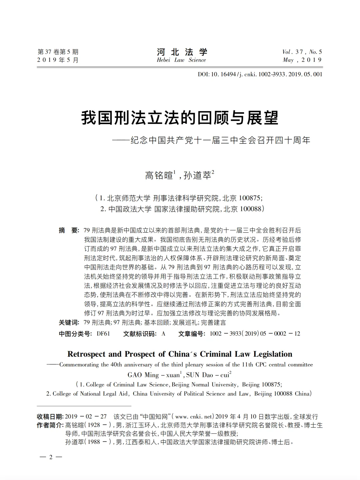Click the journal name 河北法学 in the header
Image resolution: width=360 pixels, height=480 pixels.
tap(182, 52)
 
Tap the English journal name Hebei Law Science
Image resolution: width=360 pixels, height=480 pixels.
tap(181, 60)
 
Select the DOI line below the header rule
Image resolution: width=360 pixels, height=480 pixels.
tap(260, 74)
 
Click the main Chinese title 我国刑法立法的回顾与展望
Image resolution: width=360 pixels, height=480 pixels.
tap(180, 118)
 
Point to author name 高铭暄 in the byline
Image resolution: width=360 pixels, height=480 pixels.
tap(159, 175)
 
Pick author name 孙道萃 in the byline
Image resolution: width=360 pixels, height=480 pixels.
tap(197, 175)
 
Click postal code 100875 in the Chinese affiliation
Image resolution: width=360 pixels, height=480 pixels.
tap(250, 198)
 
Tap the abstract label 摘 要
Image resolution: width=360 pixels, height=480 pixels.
tap(69, 230)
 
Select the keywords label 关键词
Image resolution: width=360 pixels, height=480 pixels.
tap(69, 322)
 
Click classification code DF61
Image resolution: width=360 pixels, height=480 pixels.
tap(103, 334)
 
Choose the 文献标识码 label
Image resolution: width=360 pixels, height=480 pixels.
tap(140, 334)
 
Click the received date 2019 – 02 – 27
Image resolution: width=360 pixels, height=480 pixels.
tap(86, 417)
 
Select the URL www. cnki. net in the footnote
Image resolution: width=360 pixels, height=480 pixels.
tap(193, 417)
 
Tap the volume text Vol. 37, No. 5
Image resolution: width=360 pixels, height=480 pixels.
tap(302, 52)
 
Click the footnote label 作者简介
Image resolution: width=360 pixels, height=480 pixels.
tap(50, 425)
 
